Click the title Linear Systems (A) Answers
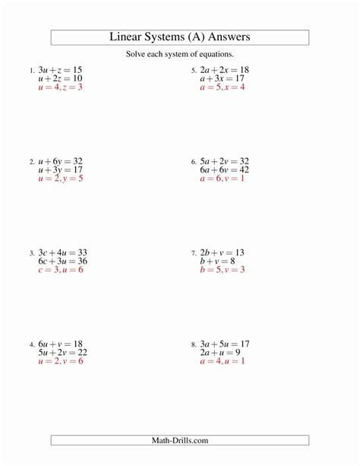(x=180, y=37)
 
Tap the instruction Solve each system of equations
(x=180, y=55)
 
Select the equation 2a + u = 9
(x=220, y=352)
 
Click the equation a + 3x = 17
(x=222, y=78)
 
